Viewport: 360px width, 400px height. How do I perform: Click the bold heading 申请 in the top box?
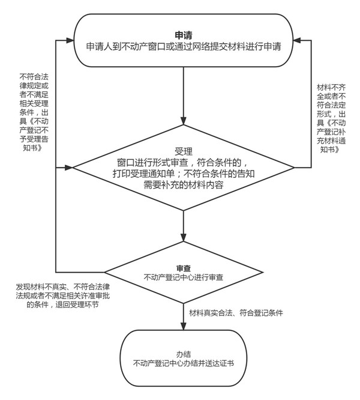coord(184,35)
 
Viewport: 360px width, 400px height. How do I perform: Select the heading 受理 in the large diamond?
coord(184,151)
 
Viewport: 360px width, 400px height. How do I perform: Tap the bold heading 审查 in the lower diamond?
coord(184,268)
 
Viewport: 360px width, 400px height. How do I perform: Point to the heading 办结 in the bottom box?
coord(184,354)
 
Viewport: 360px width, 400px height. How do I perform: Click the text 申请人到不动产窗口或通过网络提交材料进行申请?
coord(184,47)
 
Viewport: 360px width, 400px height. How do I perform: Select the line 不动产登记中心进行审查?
coord(184,277)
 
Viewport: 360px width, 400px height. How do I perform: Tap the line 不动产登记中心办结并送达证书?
coord(184,363)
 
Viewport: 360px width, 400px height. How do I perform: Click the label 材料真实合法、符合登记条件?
coord(236,313)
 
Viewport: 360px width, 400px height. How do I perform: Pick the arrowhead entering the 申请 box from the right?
coord(297,40)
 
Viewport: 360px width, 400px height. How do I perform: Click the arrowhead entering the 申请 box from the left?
coord(70,40)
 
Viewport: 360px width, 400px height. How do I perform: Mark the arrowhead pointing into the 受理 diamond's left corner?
coord(69,168)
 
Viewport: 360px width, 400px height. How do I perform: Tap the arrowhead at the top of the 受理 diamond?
coord(184,121)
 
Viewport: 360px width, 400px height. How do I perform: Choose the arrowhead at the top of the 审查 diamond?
coord(184,237)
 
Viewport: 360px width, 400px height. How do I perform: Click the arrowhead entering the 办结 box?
coord(184,326)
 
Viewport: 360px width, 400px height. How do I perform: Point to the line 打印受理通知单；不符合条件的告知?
coord(184,174)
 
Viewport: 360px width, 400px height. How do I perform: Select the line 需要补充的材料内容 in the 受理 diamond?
coord(184,185)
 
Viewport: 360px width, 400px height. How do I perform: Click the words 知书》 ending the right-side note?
coord(330,149)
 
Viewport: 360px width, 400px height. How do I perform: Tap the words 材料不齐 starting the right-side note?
coord(331,88)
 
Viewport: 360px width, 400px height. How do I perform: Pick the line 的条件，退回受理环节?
coord(62,305)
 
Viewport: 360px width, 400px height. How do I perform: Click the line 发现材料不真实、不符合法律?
coord(62,286)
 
